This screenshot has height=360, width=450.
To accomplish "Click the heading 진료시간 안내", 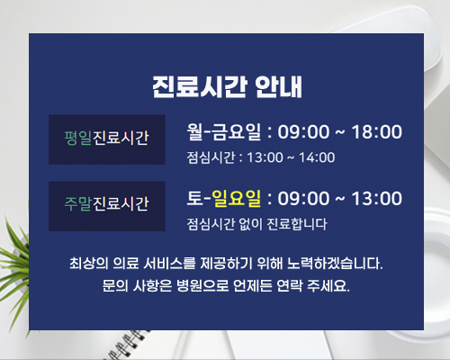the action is (x=227, y=86).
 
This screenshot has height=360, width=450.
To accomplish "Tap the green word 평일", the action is (x=78, y=138).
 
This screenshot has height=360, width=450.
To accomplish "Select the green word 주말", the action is (x=78, y=204).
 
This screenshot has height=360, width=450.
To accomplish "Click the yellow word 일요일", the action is (x=237, y=198).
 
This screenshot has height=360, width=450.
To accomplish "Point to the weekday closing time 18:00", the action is (x=377, y=131).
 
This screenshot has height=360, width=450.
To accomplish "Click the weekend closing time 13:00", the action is (x=377, y=198).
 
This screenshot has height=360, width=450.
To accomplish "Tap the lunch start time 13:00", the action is (x=265, y=157).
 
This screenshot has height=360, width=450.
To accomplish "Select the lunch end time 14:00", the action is (x=317, y=157).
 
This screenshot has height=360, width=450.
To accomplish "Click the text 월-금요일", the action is (x=224, y=131).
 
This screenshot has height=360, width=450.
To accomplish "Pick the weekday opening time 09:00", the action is (x=303, y=131).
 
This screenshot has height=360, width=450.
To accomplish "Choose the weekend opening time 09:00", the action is (x=303, y=198).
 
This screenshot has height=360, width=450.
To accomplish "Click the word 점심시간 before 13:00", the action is (x=211, y=157).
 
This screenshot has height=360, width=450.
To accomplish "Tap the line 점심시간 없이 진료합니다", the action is (x=257, y=224).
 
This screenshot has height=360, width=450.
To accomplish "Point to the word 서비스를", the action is (x=169, y=264).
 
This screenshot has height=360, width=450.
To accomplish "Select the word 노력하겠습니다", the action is (x=335, y=264).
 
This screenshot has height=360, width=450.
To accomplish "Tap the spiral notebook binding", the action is (x=126, y=345).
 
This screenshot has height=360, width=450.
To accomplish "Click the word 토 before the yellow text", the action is (x=195, y=198).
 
